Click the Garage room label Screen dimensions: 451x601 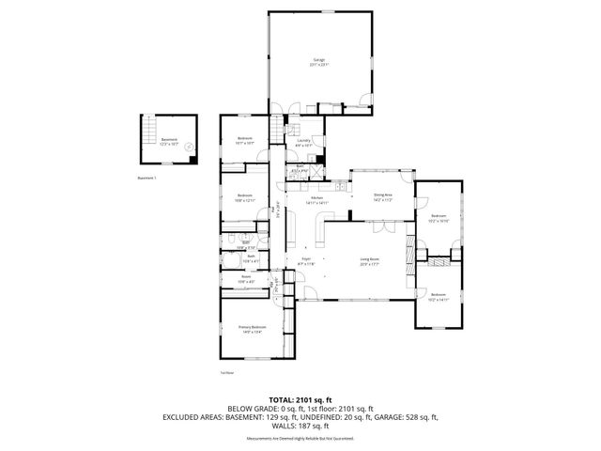coord(319,61)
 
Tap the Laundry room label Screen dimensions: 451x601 coord(302,142)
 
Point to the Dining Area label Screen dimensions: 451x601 coord(382,194)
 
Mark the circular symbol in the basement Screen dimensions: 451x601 coord(189,146)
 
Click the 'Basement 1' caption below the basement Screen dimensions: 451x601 coord(146,177)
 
